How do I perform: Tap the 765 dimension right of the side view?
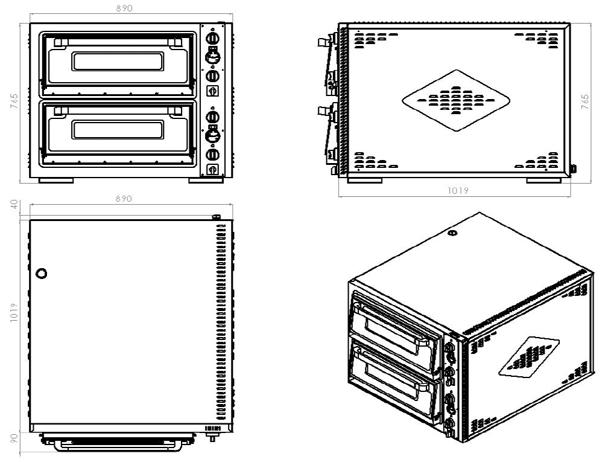pyautogui.click(x=585, y=101)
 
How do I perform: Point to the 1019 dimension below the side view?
pyautogui.click(x=457, y=191)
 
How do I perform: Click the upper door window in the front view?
pyautogui.click(x=117, y=61)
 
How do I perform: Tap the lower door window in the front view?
pyautogui.click(x=117, y=129)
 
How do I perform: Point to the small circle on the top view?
pyautogui.click(x=41, y=273)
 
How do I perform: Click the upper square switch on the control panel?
pyautogui.click(x=212, y=91)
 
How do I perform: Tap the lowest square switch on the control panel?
pyautogui.click(x=212, y=169)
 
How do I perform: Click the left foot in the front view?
pyautogui.click(x=56, y=180)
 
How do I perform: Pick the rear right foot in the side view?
pyautogui.click(x=543, y=180)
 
